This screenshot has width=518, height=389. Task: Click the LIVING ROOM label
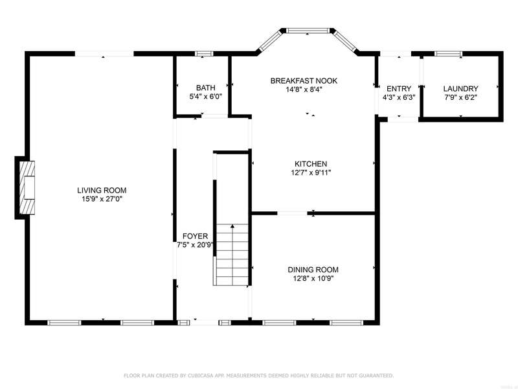pyautogui.click(x=102, y=190)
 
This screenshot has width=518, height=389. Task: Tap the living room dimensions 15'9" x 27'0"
pyautogui.click(x=102, y=199)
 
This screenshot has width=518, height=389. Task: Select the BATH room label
pyautogui.click(x=205, y=88)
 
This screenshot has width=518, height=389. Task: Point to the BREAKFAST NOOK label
pyautogui.click(x=304, y=80)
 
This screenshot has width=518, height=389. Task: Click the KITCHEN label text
pyautogui.click(x=311, y=164)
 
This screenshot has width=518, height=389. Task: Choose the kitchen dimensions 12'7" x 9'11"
pyautogui.click(x=311, y=172)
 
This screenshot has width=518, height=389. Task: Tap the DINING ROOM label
pyautogui.click(x=313, y=270)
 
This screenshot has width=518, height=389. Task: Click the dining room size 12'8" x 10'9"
pyautogui.click(x=313, y=278)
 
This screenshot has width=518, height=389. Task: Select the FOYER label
pyautogui.click(x=196, y=236)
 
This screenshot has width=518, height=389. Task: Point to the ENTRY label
pyautogui.click(x=399, y=89)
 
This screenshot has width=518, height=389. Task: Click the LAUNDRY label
pyautogui.click(x=460, y=89)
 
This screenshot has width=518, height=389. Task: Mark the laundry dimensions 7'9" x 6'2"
pyautogui.click(x=460, y=97)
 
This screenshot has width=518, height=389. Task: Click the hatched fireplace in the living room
pyautogui.click(x=27, y=187)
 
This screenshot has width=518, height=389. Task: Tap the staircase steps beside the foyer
pyautogui.click(x=232, y=254)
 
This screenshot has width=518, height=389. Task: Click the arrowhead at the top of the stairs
pyautogui.click(x=232, y=226)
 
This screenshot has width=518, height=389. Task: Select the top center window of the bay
pyautogui.click(x=308, y=30)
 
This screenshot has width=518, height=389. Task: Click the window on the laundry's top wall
pyautogui.click(x=448, y=54)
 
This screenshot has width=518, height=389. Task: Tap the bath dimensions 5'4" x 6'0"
pyautogui.click(x=205, y=96)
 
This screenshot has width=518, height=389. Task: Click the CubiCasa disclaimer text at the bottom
pyautogui.click(x=258, y=375)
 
